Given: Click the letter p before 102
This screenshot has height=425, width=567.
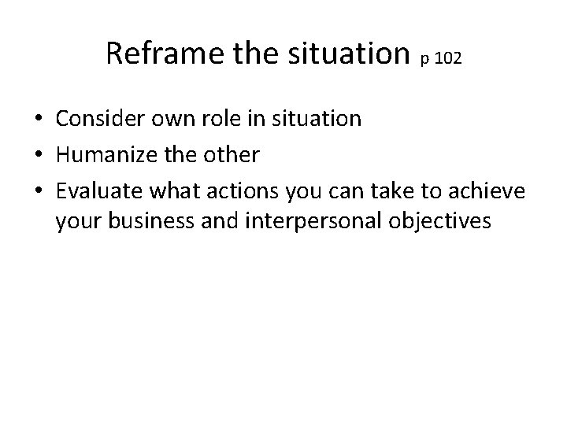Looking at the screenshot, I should pos(425,60).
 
